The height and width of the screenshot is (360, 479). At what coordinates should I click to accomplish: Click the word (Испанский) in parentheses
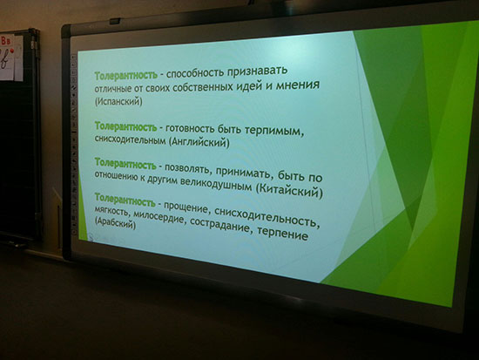(x=118, y=100)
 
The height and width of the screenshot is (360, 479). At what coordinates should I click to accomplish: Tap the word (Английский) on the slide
(x=199, y=142)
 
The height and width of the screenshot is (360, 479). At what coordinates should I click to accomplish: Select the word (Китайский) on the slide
(x=288, y=191)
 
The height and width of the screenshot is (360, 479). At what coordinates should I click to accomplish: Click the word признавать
(x=257, y=71)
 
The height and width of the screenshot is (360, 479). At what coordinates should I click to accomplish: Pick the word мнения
(x=298, y=85)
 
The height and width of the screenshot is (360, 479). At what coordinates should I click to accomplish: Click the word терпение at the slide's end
(x=282, y=234)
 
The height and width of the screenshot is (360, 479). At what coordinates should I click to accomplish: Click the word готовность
(x=190, y=129)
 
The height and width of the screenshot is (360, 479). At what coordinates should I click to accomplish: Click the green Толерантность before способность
(x=126, y=75)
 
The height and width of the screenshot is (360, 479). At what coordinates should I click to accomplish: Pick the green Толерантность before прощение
(x=125, y=199)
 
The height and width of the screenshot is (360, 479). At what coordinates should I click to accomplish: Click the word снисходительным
(x=130, y=139)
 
